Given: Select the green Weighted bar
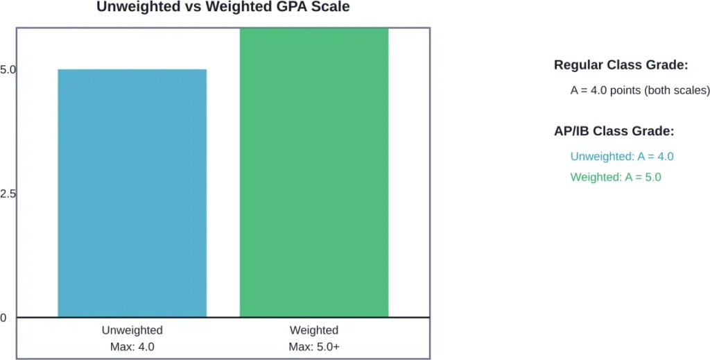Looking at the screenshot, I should [314, 173].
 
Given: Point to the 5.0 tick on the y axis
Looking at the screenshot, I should [8, 69].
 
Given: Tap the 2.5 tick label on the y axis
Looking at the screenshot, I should [8, 194].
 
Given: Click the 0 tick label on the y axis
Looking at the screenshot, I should [3, 318].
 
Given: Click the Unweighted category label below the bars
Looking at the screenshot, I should [132, 330].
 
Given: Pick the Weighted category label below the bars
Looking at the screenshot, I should [314, 330].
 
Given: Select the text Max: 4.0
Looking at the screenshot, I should [132, 346].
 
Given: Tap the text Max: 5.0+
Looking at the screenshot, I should [314, 346].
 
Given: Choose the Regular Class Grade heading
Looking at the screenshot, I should [621, 65].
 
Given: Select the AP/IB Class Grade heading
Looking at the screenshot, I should [614, 131].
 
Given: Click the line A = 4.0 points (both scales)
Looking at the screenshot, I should [639, 90].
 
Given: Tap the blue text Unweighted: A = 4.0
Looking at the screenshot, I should [622, 156].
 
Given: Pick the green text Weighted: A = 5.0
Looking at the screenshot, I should [616, 177].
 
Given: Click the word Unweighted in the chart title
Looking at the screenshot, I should [130, 8].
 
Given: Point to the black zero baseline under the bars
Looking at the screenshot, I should [222, 318].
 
